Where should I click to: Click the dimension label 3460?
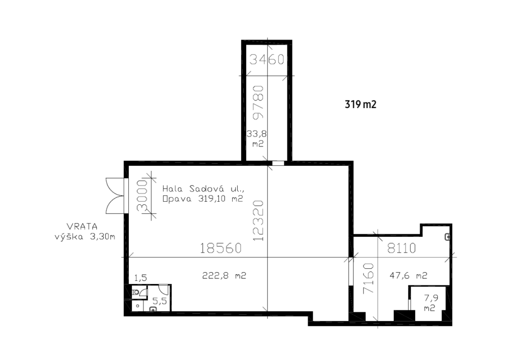click(x=267, y=60)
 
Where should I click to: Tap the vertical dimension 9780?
click(x=258, y=102)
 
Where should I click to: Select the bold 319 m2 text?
click(x=360, y=104)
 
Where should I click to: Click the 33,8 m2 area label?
click(x=257, y=139)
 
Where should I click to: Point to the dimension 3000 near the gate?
click(x=142, y=196)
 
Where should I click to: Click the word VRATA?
click(x=82, y=227)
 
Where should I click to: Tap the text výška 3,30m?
click(x=85, y=237)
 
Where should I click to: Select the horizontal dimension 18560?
click(x=221, y=248)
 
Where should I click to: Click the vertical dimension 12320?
click(x=258, y=221)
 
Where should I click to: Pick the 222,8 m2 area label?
click(x=224, y=276)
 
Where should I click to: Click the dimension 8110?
click(x=401, y=248)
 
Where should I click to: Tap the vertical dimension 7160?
click(x=368, y=278)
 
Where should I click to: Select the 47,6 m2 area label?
click(x=409, y=276)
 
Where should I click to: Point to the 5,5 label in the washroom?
click(x=159, y=301)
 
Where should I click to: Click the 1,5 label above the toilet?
click(x=140, y=278)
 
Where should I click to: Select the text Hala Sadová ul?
click(x=203, y=189)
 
